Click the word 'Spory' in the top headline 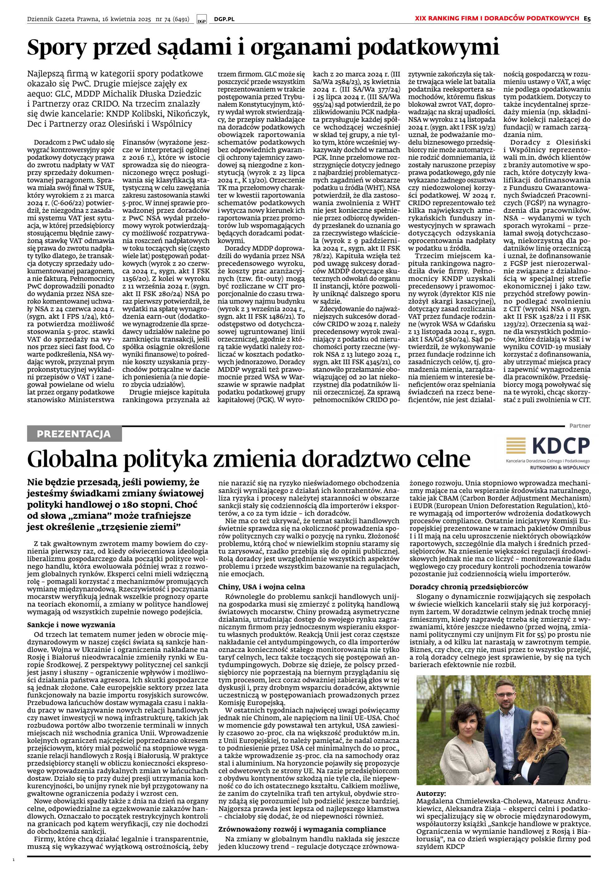coord(56,48)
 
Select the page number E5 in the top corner coord(587,18)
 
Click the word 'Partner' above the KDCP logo coord(580,426)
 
